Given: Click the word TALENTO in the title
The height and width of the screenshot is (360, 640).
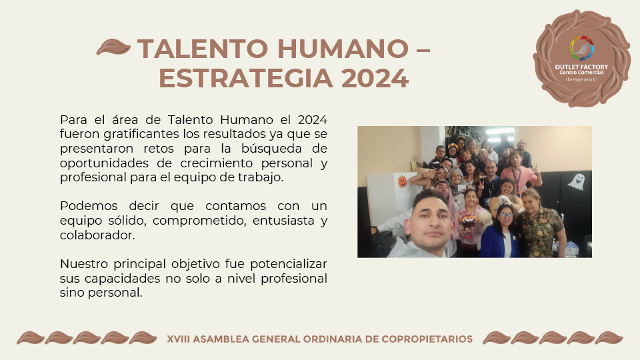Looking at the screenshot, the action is click(x=203, y=49).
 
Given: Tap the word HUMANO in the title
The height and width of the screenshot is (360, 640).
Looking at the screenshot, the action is click(x=343, y=49).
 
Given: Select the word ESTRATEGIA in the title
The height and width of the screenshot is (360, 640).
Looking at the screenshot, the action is click(x=245, y=79).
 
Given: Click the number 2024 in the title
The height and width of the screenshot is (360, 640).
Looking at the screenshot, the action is click(x=375, y=79).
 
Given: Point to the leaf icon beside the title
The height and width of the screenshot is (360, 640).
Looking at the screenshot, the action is click(x=113, y=47).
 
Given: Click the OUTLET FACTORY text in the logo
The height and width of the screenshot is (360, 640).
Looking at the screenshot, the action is click(x=581, y=67).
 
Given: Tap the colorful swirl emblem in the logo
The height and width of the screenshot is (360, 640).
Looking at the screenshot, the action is click(x=581, y=48).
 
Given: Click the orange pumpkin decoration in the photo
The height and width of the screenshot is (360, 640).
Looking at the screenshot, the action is click(x=403, y=181).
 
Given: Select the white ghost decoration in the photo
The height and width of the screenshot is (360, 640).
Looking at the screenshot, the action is click(x=576, y=181).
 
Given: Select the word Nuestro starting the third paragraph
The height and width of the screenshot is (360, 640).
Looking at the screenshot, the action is click(x=85, y=264).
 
